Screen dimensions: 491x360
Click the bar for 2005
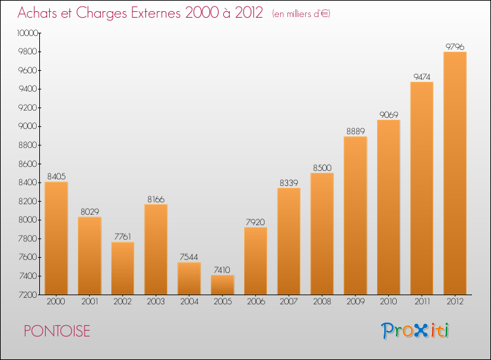tap(223, 285)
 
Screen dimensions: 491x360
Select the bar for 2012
tap(455, 173)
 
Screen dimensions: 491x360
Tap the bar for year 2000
tap(56, 238)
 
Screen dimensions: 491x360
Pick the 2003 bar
tap(156, 249)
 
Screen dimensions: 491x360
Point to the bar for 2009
tap(355, 216)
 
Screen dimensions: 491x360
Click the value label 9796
tap(455, 46)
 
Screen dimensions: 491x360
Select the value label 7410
tap(222, 270)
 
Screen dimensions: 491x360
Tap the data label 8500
tap(322, 168)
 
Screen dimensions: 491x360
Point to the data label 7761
tap(122, 237)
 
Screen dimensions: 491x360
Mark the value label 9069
tap(389, 115)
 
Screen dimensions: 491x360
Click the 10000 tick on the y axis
tap(27, 33)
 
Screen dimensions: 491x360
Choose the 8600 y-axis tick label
tap(28, 164)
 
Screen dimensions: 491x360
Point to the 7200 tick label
tap(28, 295)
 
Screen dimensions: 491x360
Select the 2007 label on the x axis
tap(289, 302)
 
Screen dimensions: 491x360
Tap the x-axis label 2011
tap(422, 302)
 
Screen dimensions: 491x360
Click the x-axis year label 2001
tap(90, 302)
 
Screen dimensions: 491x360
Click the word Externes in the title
tap(155, 13)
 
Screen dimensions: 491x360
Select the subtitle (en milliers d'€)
tap(301, 14)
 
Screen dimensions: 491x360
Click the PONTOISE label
tap(57, 331)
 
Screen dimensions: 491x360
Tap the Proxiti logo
tap(415, 331)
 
